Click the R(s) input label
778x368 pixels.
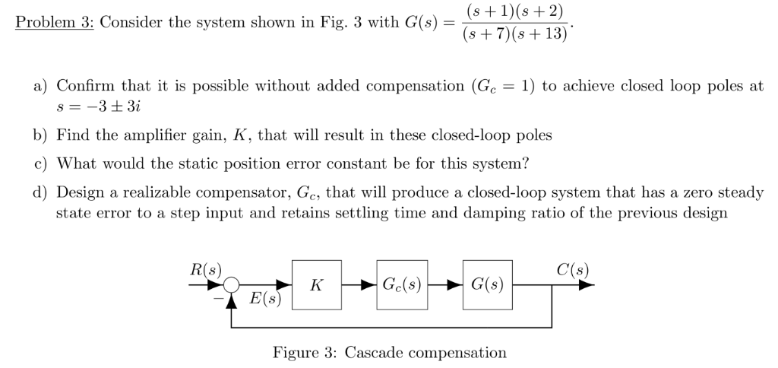coord(205,269)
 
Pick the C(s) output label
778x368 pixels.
coord(572,269)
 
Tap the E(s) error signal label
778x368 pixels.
coord(265,299)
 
